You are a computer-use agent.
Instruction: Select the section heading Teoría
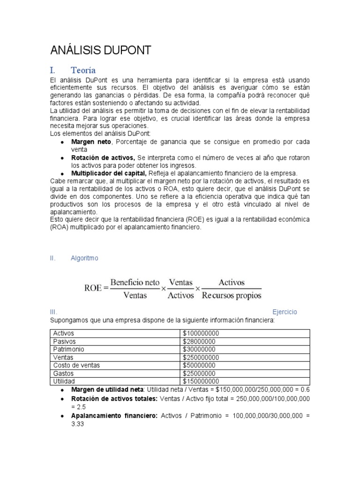click(x=83, y=71)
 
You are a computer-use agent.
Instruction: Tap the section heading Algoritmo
click(x=84, y=258)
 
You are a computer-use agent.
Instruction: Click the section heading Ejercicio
click(x=285, y=312)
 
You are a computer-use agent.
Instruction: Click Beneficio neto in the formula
click(x=135, y=283)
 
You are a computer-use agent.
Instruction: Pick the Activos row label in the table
click(x=64, y=333)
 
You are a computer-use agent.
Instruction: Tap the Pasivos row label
click(x=64, y=341)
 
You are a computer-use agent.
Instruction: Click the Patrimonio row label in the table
click(x=68, y=349)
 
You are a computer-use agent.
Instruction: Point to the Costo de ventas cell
click(x=76, y=365)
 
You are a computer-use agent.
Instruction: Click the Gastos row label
click(x=63, y=373)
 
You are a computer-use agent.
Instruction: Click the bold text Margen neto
click(x=91, y=142)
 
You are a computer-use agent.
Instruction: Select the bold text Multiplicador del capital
click(x=109, y=173)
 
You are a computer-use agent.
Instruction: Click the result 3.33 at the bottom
click(x=78, y=423)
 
